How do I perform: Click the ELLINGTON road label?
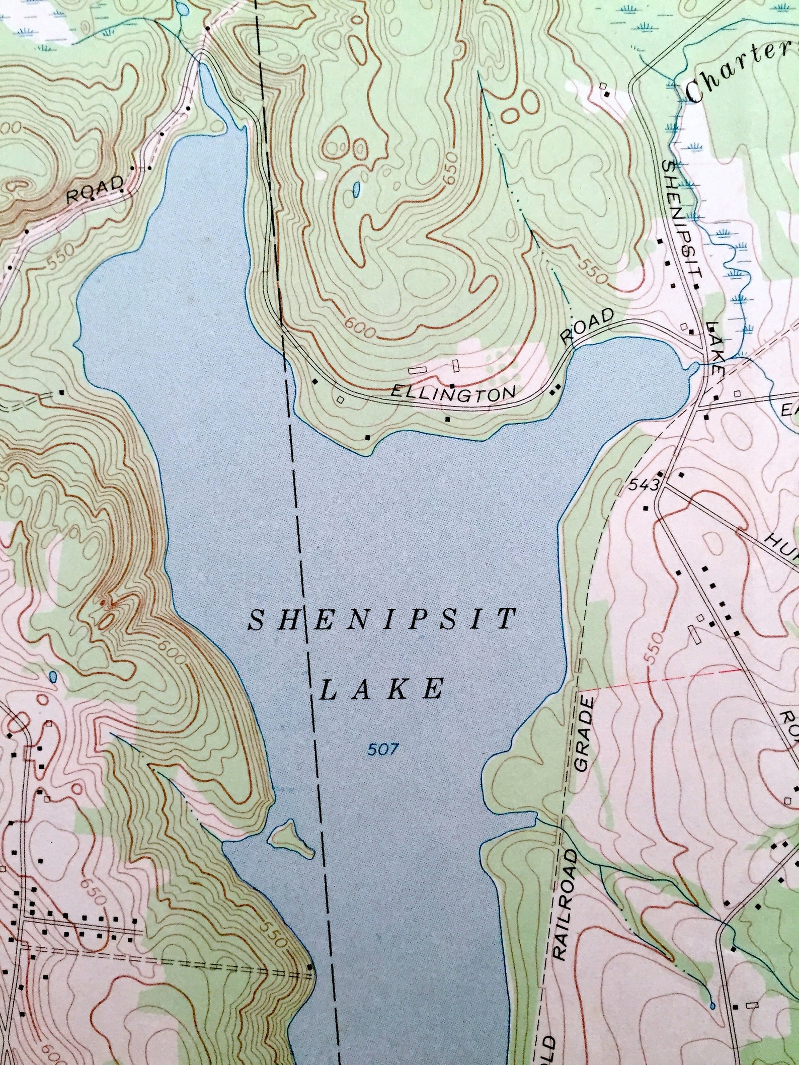[453, 393]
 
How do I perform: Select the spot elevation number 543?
[644, 485]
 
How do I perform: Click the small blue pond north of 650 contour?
[356, 189]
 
